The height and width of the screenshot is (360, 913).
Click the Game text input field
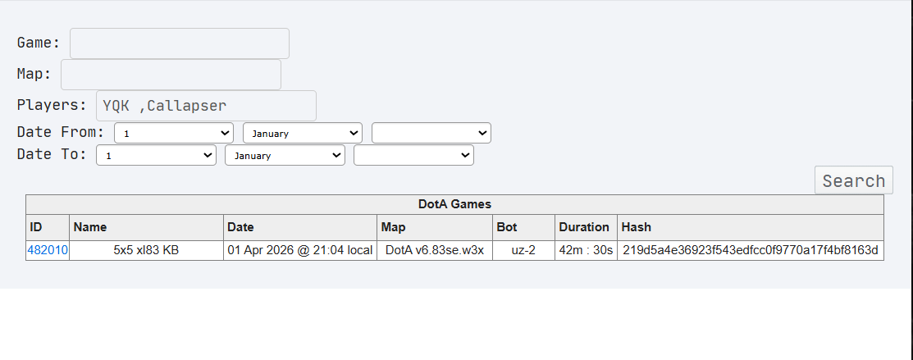click(x=180, y=43)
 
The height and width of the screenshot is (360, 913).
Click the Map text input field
click(x=171, y=75)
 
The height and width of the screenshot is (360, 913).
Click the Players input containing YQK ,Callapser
click(x=206, y=106)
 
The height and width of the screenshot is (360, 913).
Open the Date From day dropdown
click(x=174, y=133)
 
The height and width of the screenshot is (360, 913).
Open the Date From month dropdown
click(x=303, y=133)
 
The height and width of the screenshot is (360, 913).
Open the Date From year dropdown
click(x=431, y=133)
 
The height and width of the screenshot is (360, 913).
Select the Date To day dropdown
click(x=156, y=156)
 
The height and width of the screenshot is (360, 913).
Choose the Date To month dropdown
click(x=285, y=156)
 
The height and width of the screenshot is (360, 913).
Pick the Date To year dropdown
click(x=413, y=156)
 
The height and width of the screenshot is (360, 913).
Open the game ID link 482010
click(x=48, y=250)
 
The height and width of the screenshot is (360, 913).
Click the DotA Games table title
click(x=454, y=204)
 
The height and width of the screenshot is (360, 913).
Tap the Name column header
click(x=90, y=227)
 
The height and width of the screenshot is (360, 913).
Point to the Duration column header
click(x=584, y=227)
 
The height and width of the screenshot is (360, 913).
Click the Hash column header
click(x=637, y=227)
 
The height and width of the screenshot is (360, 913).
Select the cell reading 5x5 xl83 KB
click(x=146, y=250)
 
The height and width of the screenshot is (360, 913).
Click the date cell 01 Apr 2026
click(x=300, y=250)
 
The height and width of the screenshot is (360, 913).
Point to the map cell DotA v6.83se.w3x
click(x=435, y=250)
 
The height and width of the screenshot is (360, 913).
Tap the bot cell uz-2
click(x=524, y=250)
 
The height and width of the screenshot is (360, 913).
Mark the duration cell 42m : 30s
click(x=587, y=250)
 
